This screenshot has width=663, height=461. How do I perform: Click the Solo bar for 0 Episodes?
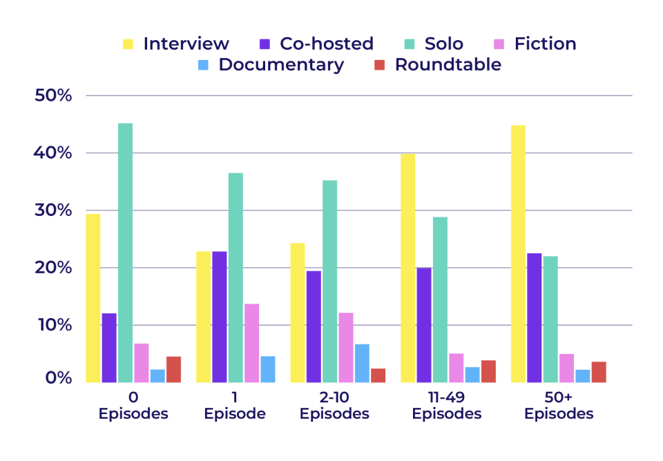coord(125,253)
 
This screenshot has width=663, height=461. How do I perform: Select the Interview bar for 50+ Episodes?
coord(518,254)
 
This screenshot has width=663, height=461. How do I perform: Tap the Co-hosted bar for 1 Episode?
coord(220,317)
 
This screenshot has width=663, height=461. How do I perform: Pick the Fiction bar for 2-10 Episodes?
coord(345,348)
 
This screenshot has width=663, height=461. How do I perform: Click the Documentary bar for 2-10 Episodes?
coord(362,363)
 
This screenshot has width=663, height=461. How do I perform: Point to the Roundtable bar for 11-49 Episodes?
coord(488,371)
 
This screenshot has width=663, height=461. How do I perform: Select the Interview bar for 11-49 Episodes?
coord(408,268)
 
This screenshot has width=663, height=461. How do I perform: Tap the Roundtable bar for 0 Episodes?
coord(173,369)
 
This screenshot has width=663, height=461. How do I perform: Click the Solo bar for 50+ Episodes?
coord(550,320)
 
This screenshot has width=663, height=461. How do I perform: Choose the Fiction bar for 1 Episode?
coord(251,343)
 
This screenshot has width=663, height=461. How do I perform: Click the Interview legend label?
coord(186,43)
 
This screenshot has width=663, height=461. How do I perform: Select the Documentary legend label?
coord(281,65)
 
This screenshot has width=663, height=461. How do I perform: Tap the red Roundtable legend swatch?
coord(378,65)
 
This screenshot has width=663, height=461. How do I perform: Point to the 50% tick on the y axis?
coord(53,95)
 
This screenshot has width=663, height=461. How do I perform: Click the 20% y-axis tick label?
coord(53,267)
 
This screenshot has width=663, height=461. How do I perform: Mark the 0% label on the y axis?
coord(57,378)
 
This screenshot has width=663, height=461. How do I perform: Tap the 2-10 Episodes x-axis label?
coord(334,406)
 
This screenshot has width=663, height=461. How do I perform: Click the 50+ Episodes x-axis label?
coord(558,406)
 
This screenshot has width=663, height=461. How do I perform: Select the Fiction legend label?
coord(545,43)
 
